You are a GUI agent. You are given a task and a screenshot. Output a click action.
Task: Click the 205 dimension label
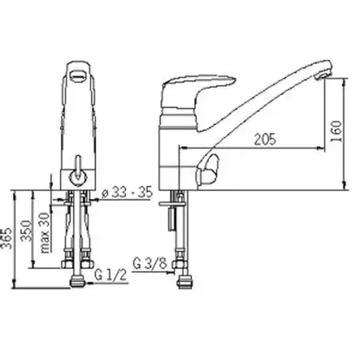click(x=265, y=139)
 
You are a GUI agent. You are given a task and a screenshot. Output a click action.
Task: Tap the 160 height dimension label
click(x=336, y=131)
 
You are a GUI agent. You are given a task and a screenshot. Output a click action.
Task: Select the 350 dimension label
click(x=27, y=231)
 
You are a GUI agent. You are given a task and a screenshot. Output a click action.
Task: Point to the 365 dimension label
click(x=6, y=238)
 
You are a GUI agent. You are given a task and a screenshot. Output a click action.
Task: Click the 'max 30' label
click(x=45, y=233)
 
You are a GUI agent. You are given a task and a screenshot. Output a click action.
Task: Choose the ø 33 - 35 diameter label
click(x=127, y=192)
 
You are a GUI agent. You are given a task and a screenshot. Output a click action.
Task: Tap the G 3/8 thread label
click(x=150, y=263)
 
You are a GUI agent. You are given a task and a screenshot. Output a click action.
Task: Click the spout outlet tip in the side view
click(x=323, y=74)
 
